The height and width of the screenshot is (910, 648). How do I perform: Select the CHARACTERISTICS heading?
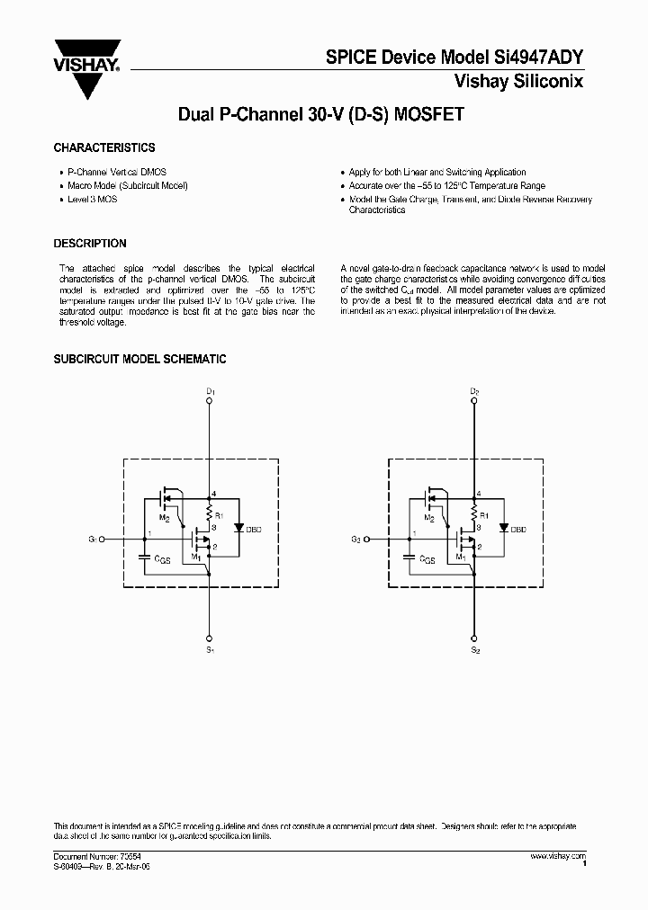pos(104,147)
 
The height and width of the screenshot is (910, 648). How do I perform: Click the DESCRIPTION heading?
pos(90,244)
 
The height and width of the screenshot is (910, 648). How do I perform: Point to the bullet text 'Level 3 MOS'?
pos(93,199)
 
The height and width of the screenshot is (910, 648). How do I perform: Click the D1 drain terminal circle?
pos(209,404)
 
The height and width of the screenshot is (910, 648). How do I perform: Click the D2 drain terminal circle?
pos(474,404)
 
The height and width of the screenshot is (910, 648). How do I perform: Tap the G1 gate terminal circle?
pos(103,540)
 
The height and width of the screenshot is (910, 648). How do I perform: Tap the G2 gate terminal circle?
pos(367,540)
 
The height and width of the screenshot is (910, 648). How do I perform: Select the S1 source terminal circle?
pos(209,630)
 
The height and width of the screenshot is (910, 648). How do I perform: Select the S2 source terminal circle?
pos(474,630)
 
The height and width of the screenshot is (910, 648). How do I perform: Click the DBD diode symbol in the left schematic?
pos(238,529)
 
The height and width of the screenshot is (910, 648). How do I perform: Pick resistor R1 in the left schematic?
pos(209,515)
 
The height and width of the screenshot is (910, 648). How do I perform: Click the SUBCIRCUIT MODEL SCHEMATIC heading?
pos(139,360)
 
